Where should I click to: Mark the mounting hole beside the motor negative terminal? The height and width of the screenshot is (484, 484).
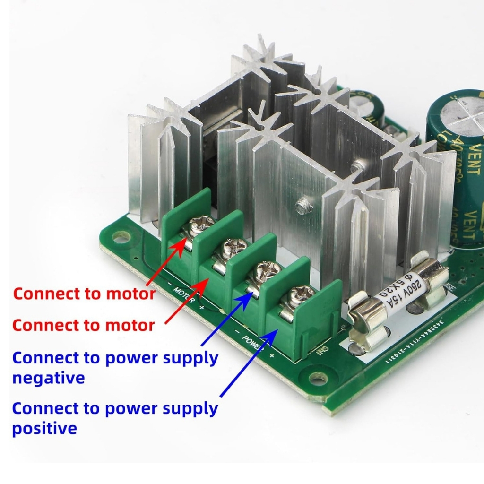pos(121,236)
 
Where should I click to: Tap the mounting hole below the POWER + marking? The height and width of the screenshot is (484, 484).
pos(318,377)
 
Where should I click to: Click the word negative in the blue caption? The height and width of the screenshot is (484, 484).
pos(49,378)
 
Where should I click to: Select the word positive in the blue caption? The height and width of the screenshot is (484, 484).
pos(44,429)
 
